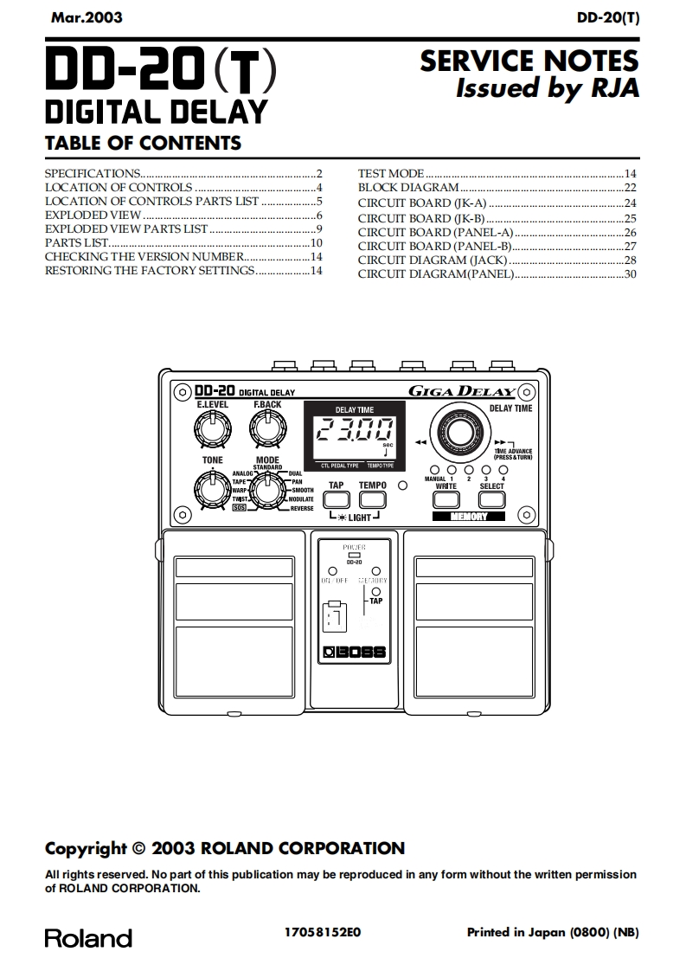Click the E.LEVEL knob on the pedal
point(212,427)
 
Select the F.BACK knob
point(267,427)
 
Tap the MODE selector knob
point(267,490)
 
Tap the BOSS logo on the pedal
point(355,653)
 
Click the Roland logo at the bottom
point(88,938)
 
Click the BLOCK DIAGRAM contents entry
point(408,188)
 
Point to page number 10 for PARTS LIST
point(317,243)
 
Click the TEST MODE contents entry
point(391,174)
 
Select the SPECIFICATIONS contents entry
point(93,173)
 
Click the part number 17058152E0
point(322,932)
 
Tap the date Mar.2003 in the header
point(87,17)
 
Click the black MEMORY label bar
point(468,517)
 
